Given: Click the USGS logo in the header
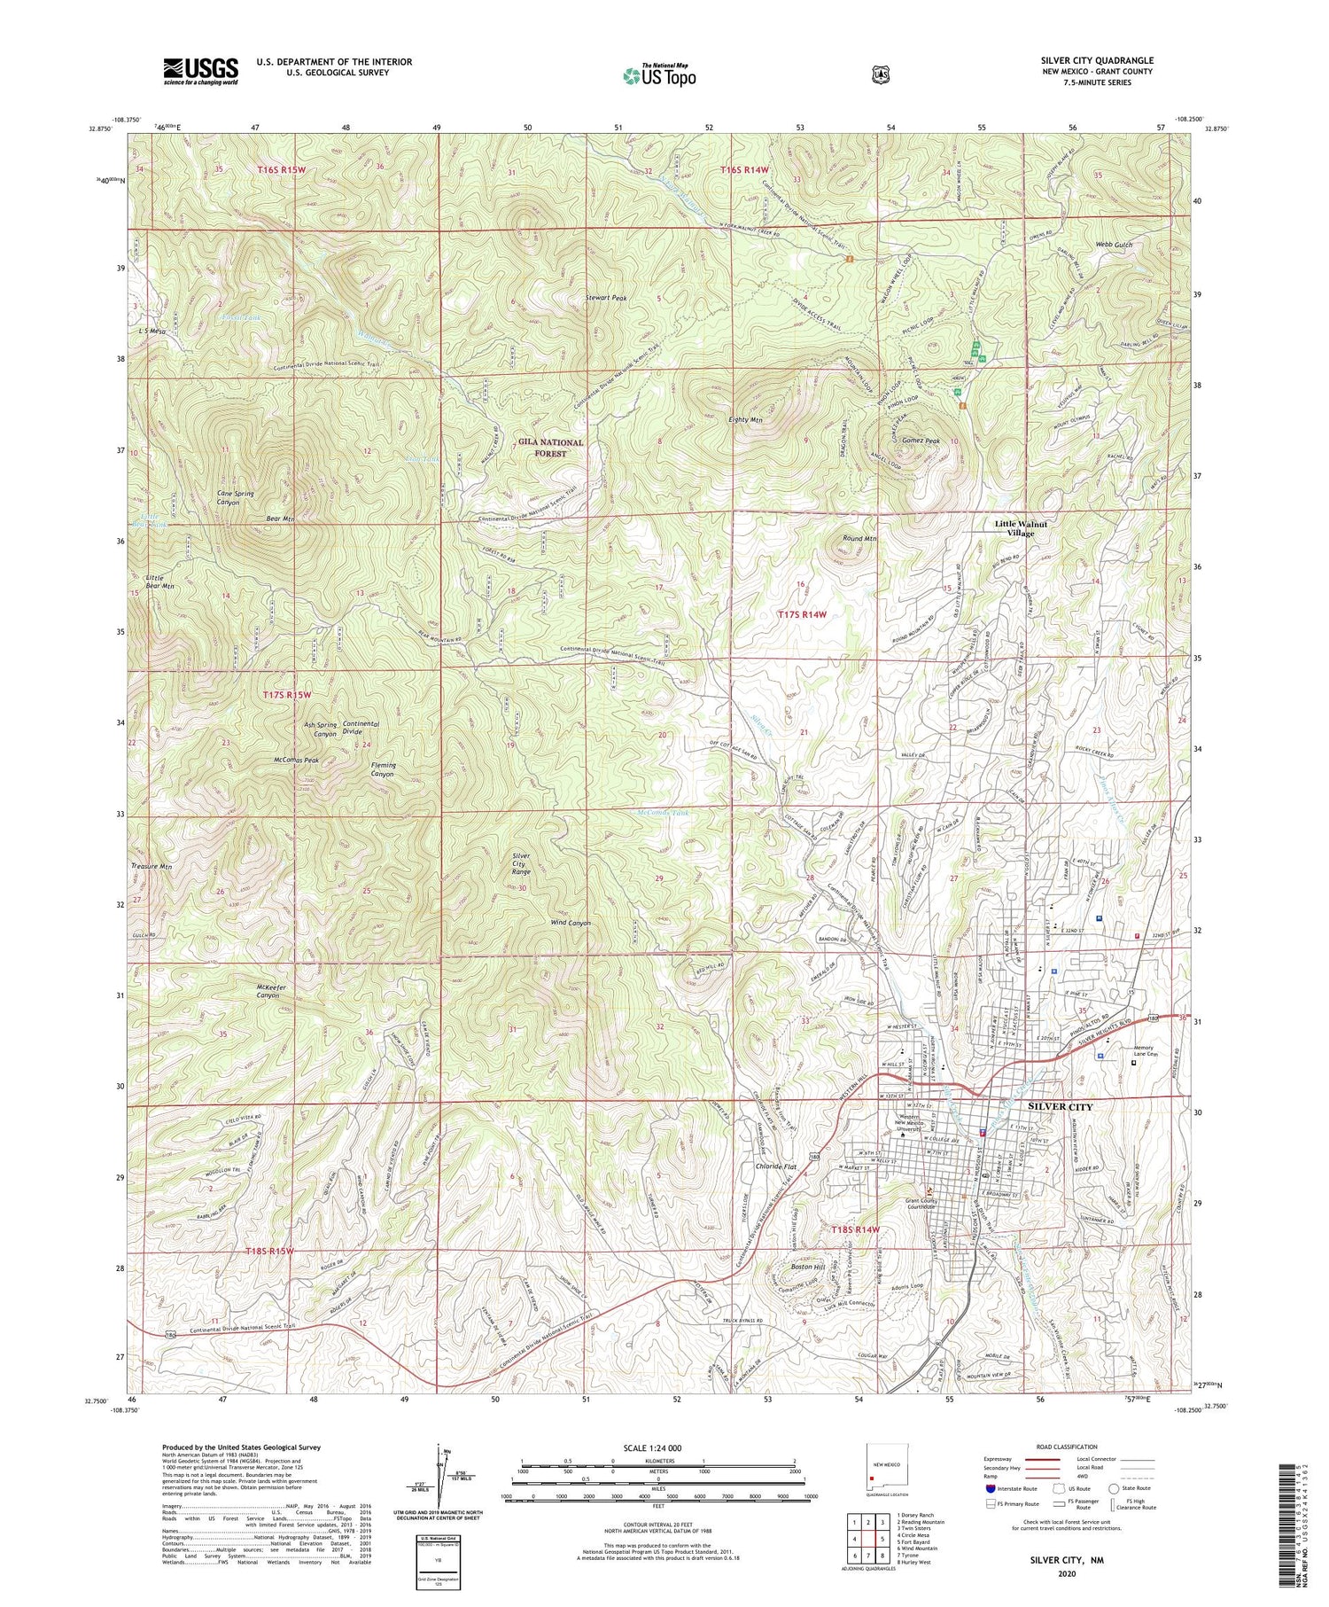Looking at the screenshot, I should (200, 70).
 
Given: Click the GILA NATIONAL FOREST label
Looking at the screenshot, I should (551, 448).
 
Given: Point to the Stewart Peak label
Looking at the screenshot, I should (606, 299).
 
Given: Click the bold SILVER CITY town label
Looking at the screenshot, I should (1061, 1107).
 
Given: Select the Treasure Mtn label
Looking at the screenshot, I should (150, 867).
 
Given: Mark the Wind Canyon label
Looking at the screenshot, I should (571, 923).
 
